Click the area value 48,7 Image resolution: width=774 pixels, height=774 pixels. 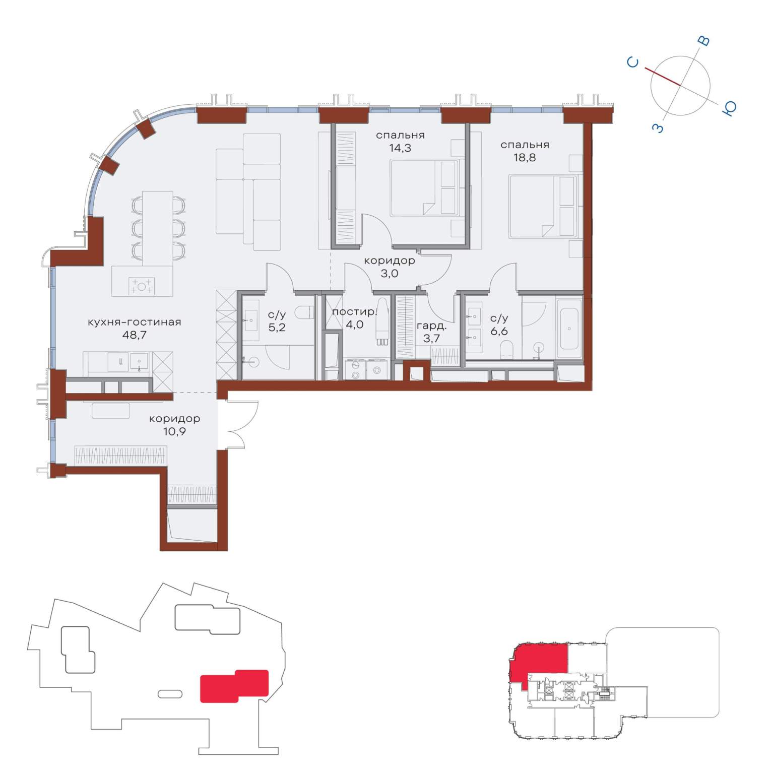tap(135, 335)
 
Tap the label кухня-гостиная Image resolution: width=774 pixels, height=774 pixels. tap(134, 322)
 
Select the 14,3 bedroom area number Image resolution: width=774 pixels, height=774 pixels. tap(400, 148)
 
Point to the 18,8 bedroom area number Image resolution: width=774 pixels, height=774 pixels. tap(524, 157)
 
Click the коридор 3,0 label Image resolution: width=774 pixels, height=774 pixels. tap(390, 267)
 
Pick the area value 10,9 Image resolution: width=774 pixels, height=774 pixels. tap(174, 431)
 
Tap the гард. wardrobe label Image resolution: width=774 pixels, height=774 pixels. tap(431, 326)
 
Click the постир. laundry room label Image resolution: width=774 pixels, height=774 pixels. tap(354, 312)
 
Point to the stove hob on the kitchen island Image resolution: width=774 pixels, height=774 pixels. tap(142, 286)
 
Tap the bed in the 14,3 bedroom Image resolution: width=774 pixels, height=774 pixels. tap(424, 188)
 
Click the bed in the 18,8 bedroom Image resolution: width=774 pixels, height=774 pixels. tap(543, 206)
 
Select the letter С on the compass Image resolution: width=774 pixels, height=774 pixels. tap(633, 62)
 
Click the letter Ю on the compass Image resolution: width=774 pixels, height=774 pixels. tap(730, 108)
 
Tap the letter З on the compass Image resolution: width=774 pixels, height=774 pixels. tap(658, 128)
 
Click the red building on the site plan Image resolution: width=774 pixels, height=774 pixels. tap(234, 686)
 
